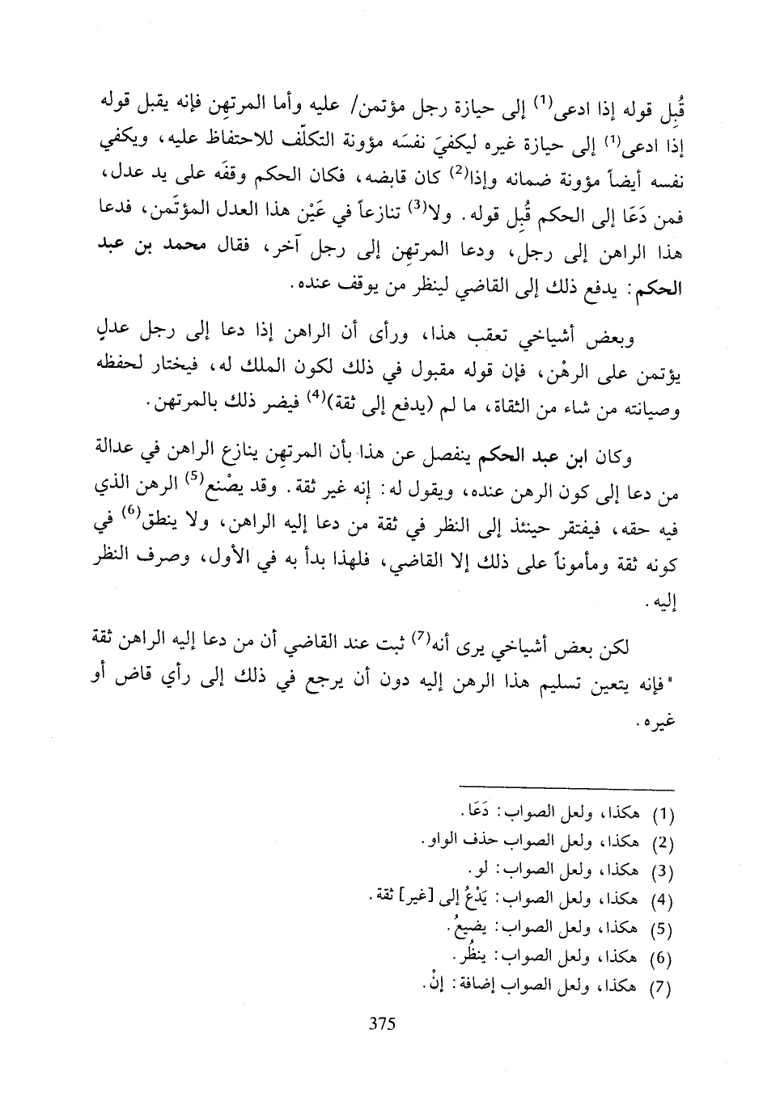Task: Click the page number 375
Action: (x=380, y=1024)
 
